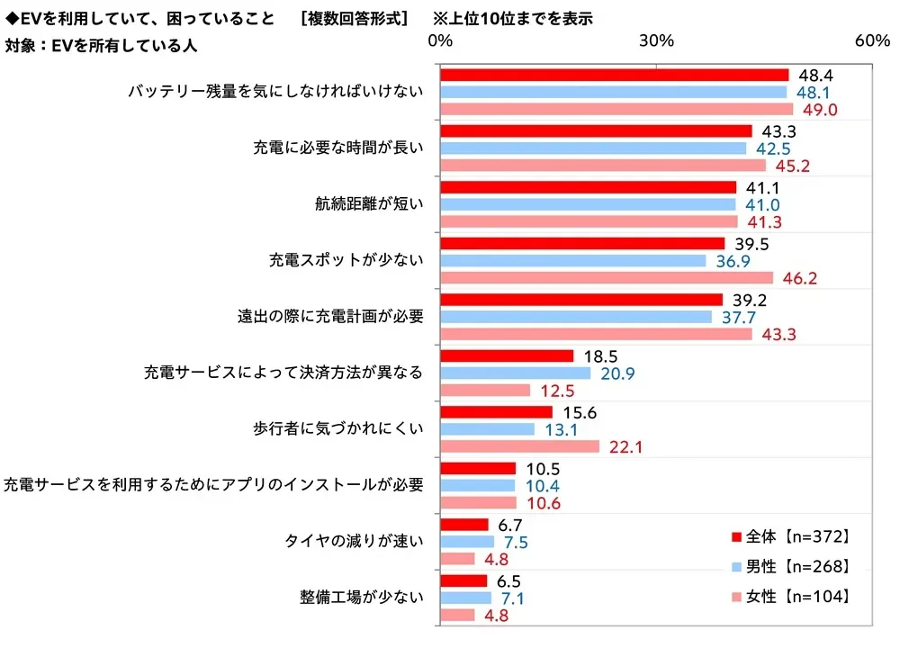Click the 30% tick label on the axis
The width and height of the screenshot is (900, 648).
click(x=656, y=41)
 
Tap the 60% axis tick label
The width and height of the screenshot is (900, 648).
click(x=872, y=41)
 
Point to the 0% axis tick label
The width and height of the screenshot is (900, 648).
click(x=440, y=41)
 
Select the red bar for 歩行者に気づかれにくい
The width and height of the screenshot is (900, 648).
click(x=496, y=411)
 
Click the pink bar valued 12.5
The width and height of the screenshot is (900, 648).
click(x=484, y=391)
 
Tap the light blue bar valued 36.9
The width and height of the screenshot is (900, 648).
click(x=572, y=261)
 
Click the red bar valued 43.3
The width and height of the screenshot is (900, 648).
click(x=595, y=130)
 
